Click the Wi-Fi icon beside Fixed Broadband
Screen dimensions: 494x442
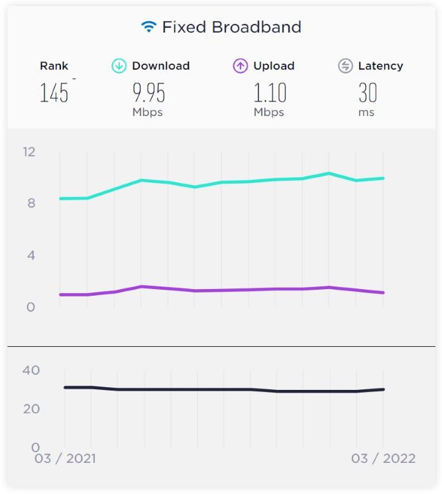pyautogui.click(x=149, y=27)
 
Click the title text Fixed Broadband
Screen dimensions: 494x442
pyautogui.click(x=231, y=27)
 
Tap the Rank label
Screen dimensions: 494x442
pyautogui.click(x=54, y=66)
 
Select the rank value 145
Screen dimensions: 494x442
pyautogui.click(x=54, y=93)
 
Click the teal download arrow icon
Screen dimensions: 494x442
pyautogui.click(x=119, y=66)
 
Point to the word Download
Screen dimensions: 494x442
pyautogui.click(x=160, y=66)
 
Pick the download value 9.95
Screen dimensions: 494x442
pyautogui.click(x=148, y=93)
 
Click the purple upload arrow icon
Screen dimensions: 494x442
pyautogui.click(x=241, y=66)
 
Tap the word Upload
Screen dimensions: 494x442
pyautogui.click(x=274, y=66)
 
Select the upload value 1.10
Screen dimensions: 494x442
pyautogui.click(x=270, y=93)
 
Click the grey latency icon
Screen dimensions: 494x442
pyautogui.click(x=345, y=66)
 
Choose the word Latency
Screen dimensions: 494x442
pyautogui.click(x=380, y=66)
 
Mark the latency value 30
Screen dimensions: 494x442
pyautogui.click(x=368, y=93)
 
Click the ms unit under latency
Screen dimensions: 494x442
pyautogui.click(x=366, y=113)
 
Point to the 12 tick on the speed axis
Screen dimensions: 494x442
pyautogui.click(x=28, y=152)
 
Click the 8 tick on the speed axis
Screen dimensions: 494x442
pyautogui.click(x=31, y=204)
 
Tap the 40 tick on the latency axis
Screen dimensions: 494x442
pyautogui.click(x=31, y=370)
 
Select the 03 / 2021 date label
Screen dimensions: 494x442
pyautogui.click(x=65, y=459)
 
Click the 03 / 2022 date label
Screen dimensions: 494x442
pyautogui.click(x=383, y=459)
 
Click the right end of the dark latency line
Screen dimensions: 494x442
pyautogui.click(x=384, y=389)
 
